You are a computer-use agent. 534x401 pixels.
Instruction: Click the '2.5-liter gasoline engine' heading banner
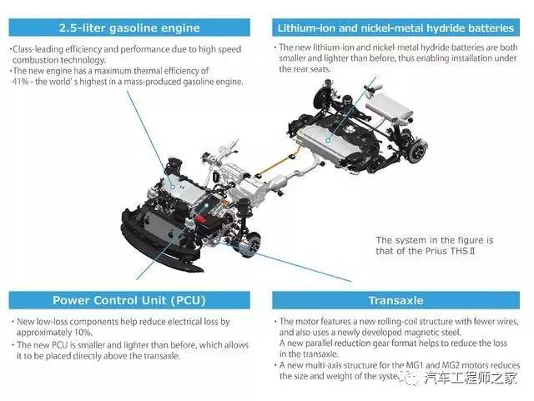(x=129, y=28)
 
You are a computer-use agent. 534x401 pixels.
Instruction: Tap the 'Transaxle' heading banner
(x=395, y=300)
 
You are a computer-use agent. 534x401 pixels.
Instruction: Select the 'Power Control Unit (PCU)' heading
(x=129, y=300)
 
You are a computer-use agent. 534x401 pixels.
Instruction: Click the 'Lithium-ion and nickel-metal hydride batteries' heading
(x=395, y=28)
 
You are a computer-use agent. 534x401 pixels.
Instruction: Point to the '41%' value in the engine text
(x=20, y=82)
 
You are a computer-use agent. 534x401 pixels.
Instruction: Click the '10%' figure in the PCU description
(x=83, y=333)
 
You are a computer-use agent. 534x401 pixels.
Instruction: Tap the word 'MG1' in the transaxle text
(x=415, y=365)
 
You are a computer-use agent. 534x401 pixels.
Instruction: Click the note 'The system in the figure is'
(x=435, y=240)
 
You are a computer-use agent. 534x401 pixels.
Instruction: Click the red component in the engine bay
(x=200, y=219)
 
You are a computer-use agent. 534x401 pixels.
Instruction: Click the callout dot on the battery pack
(x=328, y=140)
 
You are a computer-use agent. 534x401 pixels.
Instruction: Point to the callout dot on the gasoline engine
(x=173, y=187)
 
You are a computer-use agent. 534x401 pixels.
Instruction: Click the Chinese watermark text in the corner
(x=471, y=378)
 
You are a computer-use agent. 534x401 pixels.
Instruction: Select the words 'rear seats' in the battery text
(x=313, y=69)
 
